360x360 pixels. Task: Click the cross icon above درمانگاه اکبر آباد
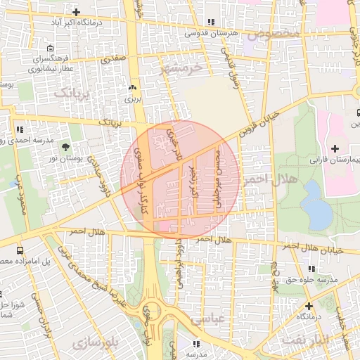click(x=76, y=12)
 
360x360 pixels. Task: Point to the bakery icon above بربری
click(x=132, y=89)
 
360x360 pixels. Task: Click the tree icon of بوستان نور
click(x=65, y=147)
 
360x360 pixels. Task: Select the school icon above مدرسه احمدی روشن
click(x=19, y=130)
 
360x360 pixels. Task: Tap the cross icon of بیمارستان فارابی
click(x=335, y=148)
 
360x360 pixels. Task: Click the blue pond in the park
click(x=316, y=204)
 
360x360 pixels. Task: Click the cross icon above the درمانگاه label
click(x=309, y=306)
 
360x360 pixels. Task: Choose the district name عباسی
click(x=226, y=319)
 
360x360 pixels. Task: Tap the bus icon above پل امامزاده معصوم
click(x=19, y=250)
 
